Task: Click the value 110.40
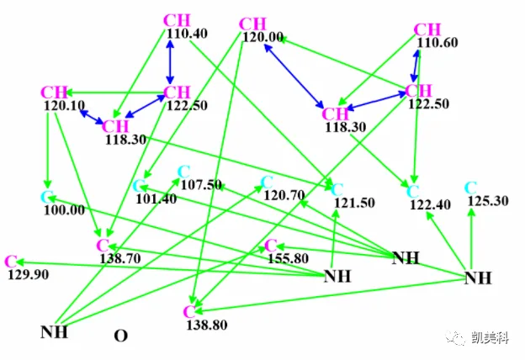(x=187, y=34)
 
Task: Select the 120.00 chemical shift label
(x=262, y=37)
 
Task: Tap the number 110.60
(x=437, y=43)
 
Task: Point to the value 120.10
(x=64, y=106)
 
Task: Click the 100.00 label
(x=64, y=210)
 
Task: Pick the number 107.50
(x=201, y=185)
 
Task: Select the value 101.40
(x=156, y=199)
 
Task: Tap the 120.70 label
(x=284, y=195)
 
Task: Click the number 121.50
(x=354, y=203)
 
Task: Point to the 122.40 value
(x=430, y=204)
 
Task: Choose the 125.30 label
(x=488, y=201)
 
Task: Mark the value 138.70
(x=120, y=258)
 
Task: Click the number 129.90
(x=28, y=274)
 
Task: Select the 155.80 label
(x=288, y=258)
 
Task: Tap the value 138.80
(x=207, y=325)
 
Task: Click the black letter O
(x=121, y=336)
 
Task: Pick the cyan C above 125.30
(x=471, y=188)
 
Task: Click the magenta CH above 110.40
(x=177, y=20)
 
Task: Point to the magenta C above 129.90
(x=11, y=262)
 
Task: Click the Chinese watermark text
(x=491, y=337)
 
